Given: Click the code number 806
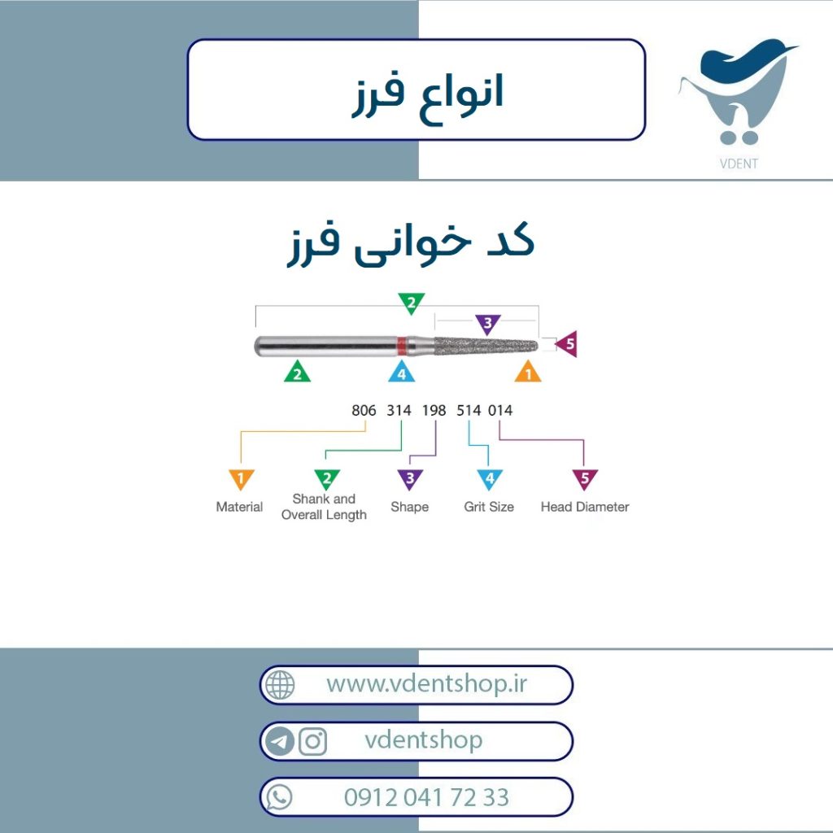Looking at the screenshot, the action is pyautogui.click(x=364, y=410).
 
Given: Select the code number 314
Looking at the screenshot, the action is pyautogui.click(x=399, y=410).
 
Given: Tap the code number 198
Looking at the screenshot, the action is pyautogui.click(x=434, y=410).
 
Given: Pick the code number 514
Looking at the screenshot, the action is pyautogui.click(x=469, y=410).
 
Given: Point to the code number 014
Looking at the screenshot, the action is pyautogui.click(x=500, y=410).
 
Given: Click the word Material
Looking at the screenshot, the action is pyautogui.click(x=240, y=507).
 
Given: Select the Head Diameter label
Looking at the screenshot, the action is pyautogui.click(x=585, y=507).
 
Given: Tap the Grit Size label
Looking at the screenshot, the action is pyautogui.click(x=489, y=507).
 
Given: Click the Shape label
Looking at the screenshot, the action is pyautogui.click(x=410, y=507).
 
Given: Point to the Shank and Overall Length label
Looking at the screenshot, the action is pyautogui.click(x=324, y=507).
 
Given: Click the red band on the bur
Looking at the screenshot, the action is pyautogui.click(x=402, y=346).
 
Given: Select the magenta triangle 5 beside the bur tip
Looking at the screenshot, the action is pyautogui.click(x=567, y=344).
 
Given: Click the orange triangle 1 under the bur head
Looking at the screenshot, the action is pyautogui.click(x=528, y=372).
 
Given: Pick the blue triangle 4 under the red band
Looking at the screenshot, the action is pyautogui.click(x=402, y=372).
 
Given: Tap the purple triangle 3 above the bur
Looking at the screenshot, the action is pyautogui.click(x=488, y=324).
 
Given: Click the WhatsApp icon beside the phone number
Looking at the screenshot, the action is pyautogui.click(x=280, y=797).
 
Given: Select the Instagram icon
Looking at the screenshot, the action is pyautogui.click(x=313, y=741).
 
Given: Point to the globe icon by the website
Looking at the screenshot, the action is pyautogui.click(x=280, y=684).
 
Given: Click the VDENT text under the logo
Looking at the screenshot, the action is pyautogui.click(x=739, y=164).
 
